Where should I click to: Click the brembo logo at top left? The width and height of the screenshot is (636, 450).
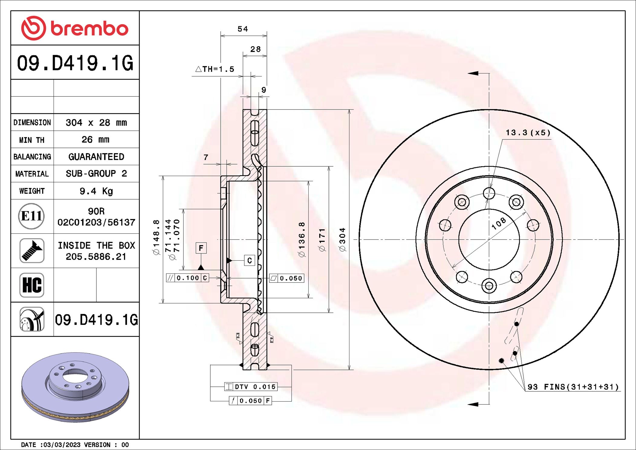[x=75, y=28]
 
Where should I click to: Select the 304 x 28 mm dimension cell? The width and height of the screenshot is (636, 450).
[x=96, y=122]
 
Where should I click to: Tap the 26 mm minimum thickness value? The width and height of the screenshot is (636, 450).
[x=96, y=139]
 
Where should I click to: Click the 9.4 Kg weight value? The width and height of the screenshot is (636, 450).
[x=96, y=191]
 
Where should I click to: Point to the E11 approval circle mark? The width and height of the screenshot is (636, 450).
[x=31, y=216]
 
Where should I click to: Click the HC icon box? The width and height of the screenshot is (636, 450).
[x=32, y=285]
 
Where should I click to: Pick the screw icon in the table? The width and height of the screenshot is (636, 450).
[x=32, y=250]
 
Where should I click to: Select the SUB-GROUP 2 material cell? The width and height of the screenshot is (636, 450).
[x=96, y=174]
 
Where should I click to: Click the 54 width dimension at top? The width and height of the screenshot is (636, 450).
[x=243, y=29]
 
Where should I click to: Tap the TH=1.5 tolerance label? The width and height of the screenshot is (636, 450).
[x=215, y=69]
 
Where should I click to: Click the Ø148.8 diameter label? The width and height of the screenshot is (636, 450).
[x=156, y=237]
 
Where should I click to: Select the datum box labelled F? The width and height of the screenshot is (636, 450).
[x=201, y=248]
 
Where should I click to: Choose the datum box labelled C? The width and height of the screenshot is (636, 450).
[x=249, y=260]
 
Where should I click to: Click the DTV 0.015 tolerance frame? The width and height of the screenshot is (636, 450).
[x=251, y=386]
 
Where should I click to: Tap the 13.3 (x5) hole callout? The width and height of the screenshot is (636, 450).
[x=528, y=133]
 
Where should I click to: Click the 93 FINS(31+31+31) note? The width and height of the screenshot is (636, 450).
[x=573, y=387]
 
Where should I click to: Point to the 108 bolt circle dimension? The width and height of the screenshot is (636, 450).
[x=499, y=223]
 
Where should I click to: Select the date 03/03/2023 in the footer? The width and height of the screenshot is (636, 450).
[x=62, y=445]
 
